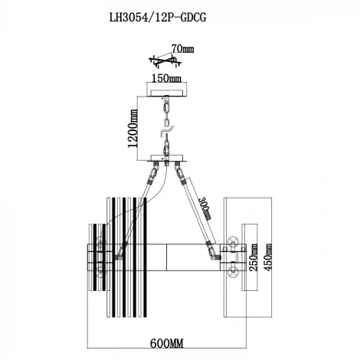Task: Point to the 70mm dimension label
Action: pos(183,48)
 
